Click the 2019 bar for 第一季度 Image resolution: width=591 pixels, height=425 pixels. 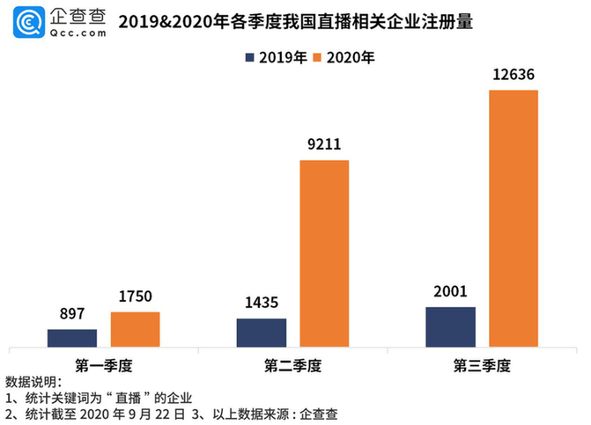click(72, 338)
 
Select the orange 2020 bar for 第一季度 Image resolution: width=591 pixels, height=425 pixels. click(135, 329)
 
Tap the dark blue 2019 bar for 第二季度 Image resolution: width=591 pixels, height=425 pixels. click(261, 333)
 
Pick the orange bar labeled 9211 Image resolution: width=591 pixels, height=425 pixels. click(324, 253)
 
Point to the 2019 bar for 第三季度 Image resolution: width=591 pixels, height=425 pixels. click(450, 326)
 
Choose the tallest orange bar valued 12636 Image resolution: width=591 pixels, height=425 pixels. click(513, 218)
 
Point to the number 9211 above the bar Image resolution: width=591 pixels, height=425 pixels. click(324, 146)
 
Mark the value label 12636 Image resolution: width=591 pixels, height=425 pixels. click(513, 75)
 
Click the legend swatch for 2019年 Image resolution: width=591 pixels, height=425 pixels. click(251, 58)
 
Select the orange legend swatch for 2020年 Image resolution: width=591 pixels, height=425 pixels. click(317, 58)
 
